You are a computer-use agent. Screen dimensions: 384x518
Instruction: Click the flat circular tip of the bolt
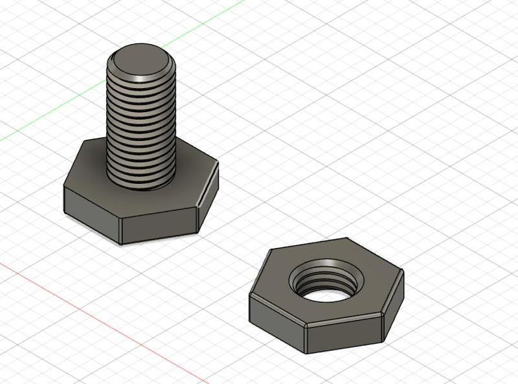(x=142, y=62)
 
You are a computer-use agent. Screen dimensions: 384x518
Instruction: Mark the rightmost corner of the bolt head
(x=219, y=163)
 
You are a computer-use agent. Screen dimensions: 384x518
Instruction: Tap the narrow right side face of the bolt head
(x=208, y=198)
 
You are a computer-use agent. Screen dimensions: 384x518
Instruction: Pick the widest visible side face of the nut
(x=343, y=335)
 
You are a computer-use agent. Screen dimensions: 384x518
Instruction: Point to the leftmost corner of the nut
(x=249, y=297)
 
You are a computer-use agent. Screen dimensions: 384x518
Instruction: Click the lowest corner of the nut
(x=306, y=353)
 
